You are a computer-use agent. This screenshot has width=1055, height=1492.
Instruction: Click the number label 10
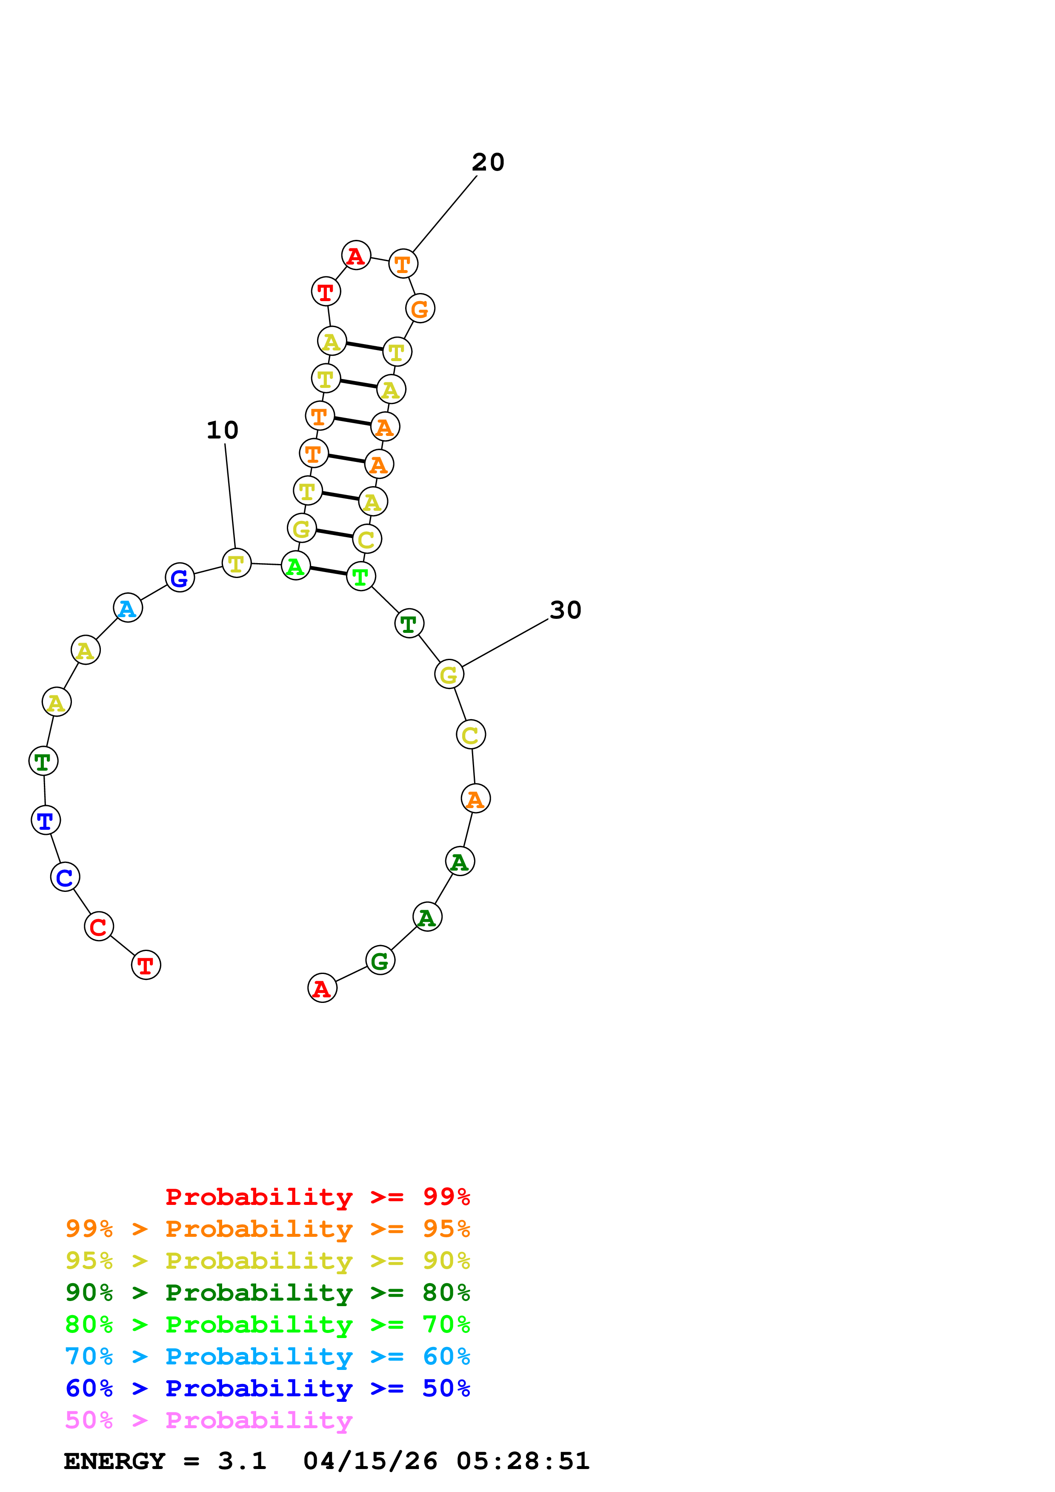[x=222, y=430]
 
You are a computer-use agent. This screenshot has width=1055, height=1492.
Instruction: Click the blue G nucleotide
[x=180, y=577]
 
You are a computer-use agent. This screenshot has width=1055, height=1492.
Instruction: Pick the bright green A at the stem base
[x=295, y=565]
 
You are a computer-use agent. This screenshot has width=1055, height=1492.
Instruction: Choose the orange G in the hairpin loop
[x=420, y=309]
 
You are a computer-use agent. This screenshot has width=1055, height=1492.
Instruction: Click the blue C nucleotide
[x=65, y=877]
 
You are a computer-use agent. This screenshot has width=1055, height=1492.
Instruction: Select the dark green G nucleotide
[x=380, y=960]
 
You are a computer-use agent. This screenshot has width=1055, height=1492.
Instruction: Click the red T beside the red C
[x=146, y=965]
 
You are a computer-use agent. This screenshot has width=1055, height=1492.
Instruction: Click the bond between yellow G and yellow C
[x=334, y=533]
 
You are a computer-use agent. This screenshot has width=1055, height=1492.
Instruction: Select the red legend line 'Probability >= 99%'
[x=317, y=1196]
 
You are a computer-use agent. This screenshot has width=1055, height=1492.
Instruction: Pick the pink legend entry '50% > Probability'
[x=209, y=1421]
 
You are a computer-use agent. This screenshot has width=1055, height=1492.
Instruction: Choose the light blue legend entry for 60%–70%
[x=267, y=1356]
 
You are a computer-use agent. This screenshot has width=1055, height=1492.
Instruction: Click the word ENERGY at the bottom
[x=114, y=1461]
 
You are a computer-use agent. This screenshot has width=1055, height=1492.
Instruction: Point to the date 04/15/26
[x=370, y=1461]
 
